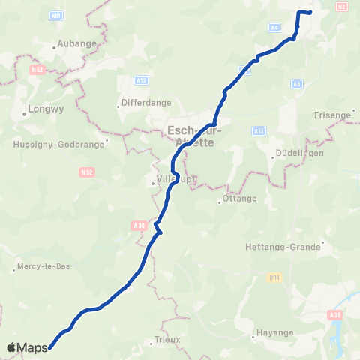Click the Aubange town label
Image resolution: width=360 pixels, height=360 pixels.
(x=78, y=43)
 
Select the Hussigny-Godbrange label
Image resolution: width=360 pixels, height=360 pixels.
(x=56, y=145)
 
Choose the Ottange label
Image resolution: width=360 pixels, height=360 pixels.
(x=240, y=199)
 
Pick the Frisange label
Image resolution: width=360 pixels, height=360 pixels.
(x=334, y=115)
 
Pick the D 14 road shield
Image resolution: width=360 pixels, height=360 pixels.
(x=274, y=277)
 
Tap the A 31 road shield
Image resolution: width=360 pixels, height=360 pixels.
(x=334, y=316)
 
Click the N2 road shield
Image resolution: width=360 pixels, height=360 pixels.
(x=343, y=7)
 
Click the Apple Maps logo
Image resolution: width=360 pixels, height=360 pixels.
(x=27, y=347)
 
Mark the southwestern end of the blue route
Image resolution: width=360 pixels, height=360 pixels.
(x=49, y=347)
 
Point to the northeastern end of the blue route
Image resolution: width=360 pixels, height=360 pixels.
(x=310, y=13)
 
